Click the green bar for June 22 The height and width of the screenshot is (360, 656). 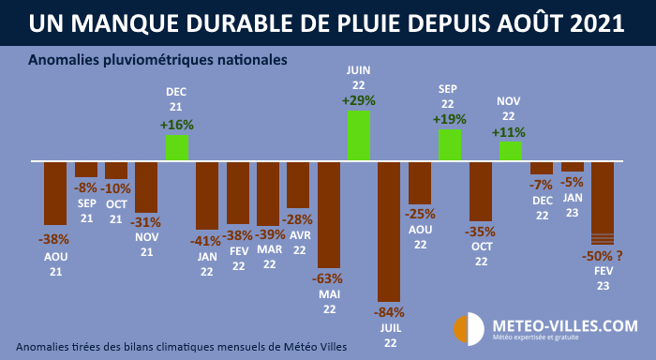coord(358,136)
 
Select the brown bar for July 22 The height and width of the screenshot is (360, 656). coord(389,231)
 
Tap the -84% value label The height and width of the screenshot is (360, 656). coord(389,310)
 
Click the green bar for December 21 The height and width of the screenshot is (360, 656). coord(177,147)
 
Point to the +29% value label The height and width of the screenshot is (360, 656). coord(358,99)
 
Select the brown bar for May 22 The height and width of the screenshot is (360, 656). coord(328,215)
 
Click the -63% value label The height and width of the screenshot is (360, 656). coord(328,277)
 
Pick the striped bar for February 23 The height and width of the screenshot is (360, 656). coord(602,202)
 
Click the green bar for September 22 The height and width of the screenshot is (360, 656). coord(449,144)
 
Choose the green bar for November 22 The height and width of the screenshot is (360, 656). coord(511,151)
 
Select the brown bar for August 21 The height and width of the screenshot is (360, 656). coord(55,192)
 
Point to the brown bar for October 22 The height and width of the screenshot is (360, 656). coord(480,191)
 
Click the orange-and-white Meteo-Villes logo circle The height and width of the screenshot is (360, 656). coord(468,329)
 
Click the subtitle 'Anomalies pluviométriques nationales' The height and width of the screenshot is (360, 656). coord(157,60)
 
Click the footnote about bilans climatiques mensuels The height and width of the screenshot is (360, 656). coord(181,346)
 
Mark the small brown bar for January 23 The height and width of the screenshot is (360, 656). coord(572,166)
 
